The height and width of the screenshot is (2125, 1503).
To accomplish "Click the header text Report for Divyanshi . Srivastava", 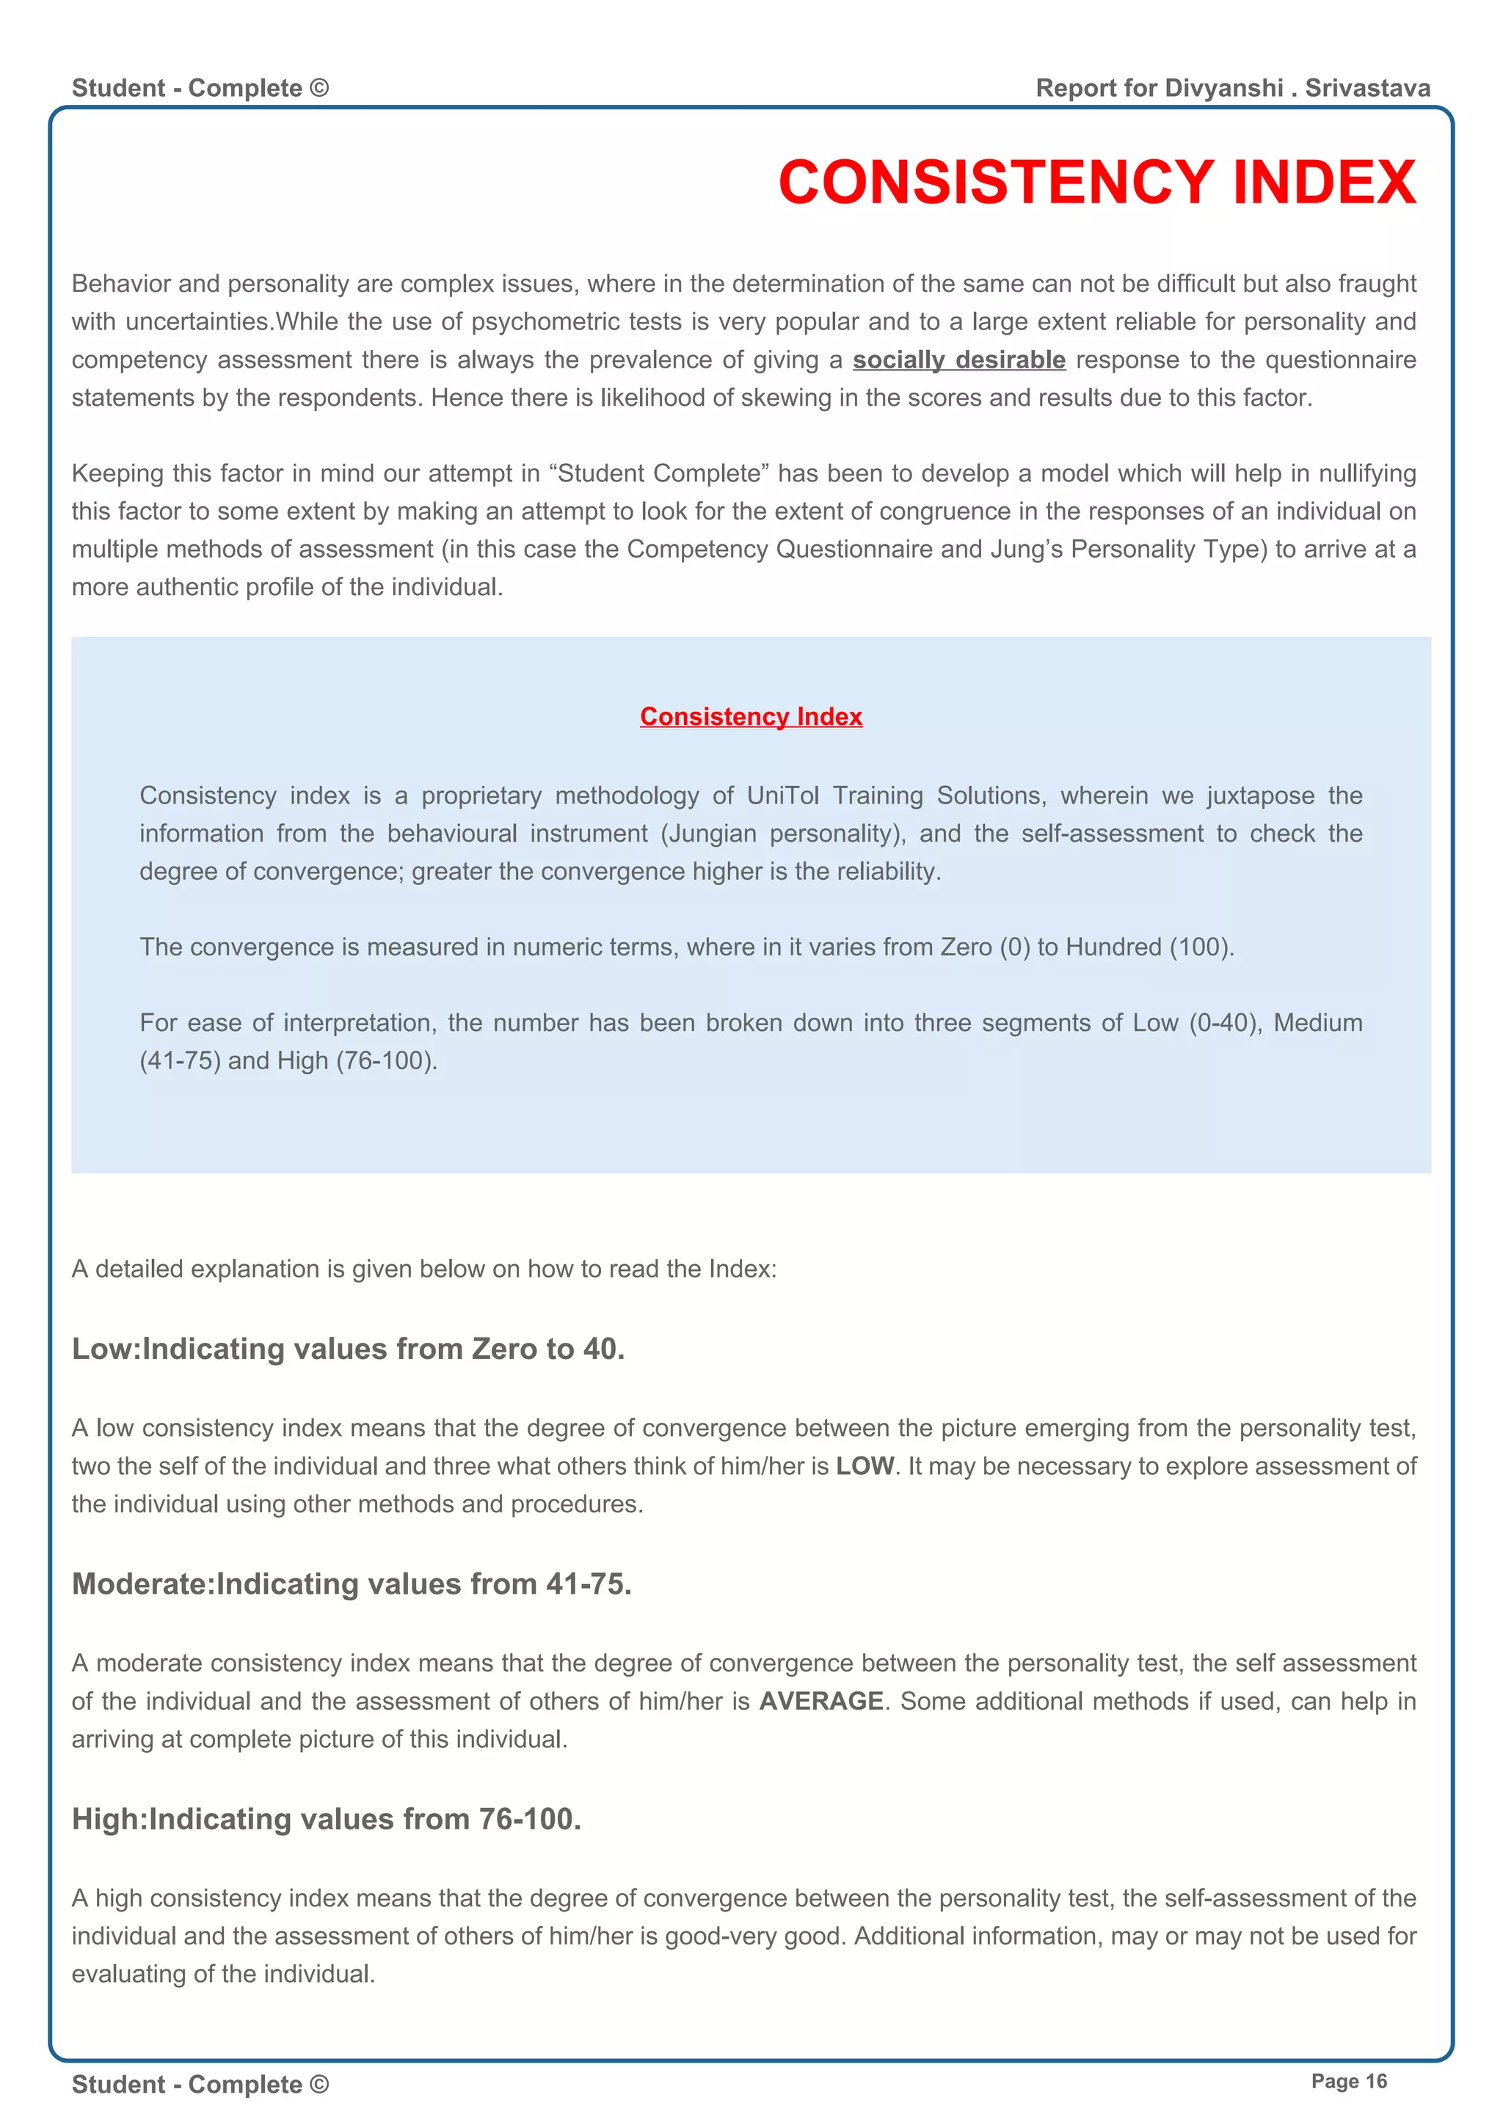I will (x=1233, y=88).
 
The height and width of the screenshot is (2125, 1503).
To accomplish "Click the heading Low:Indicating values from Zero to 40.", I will (x=348, y=1349).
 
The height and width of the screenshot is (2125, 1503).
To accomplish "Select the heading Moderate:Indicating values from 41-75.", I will (x=352, y=1583).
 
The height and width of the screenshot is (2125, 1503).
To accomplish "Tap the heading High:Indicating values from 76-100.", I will (x=327, y=1819).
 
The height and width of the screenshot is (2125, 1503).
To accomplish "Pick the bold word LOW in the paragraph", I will (x=865, y=1466).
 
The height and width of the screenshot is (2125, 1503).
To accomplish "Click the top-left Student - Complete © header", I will (x=200, y=88).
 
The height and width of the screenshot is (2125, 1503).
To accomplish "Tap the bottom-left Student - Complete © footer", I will (x=200, y=2085).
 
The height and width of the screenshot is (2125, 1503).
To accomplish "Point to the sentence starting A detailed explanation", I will (x=424, y=1269).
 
